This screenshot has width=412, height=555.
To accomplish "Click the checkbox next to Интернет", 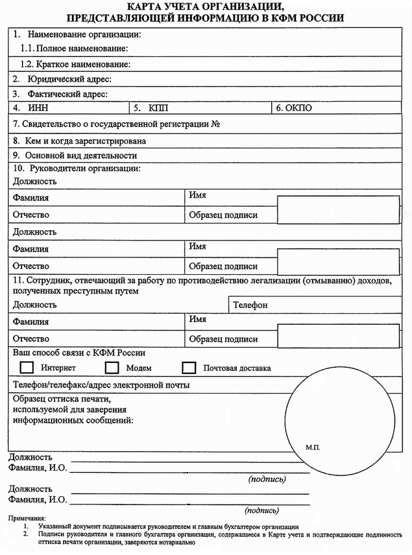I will (x=27, y=368).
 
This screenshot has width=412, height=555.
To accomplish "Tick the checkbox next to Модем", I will (x=112, y=368).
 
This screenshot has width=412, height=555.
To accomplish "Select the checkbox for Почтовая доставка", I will (x=189, y=368).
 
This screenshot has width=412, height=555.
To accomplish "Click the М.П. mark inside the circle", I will (x=313, y=447).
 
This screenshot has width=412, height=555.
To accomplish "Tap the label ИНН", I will (x=39, y=108).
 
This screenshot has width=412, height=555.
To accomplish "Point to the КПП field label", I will (x=158, y=108).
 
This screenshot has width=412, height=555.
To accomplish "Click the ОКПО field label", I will (x=297, y=108).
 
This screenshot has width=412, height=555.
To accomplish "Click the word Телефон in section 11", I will (x=250, y=304).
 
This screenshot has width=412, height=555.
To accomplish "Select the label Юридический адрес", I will (x=69, y=79).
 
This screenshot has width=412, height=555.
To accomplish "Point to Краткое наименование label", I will (x=83, y=64).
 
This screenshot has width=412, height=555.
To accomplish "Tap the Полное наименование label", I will (x=82, y=49).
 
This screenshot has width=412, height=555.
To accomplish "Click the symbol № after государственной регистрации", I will (x=217, y=123).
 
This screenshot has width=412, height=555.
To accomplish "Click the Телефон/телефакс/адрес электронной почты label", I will (x=101, y=385).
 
